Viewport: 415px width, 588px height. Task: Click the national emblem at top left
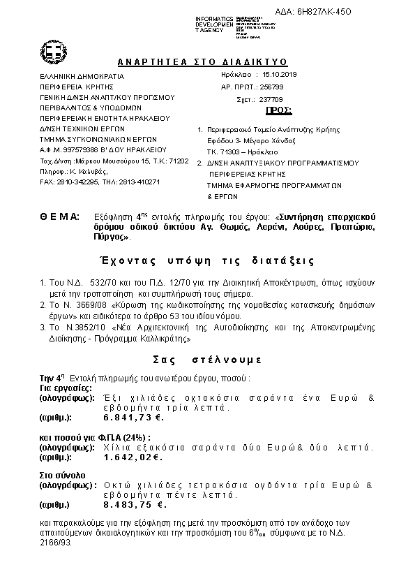click(54, 51)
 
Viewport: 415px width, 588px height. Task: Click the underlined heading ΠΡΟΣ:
click(279, 111)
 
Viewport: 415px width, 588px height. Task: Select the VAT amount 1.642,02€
click(132, 457)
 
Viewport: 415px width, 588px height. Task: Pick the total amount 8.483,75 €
click(133, 504)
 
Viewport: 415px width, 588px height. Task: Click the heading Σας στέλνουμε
click(207, 360)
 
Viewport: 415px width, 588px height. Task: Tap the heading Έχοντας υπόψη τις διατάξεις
click(206, 260)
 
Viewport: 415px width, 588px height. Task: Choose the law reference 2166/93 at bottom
click(52, 541)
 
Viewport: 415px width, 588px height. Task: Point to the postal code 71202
click(179, 161)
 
